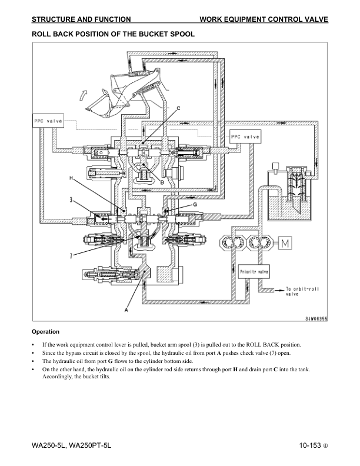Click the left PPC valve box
[48, 121]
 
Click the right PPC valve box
[245, 137]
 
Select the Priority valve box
[254, 272]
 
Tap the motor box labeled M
[285, 244]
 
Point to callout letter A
[126, 310]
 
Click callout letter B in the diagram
[162, 182]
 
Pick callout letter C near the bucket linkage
[178, 108]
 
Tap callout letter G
[195, 205]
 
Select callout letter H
[71, 178]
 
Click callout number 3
[71, 200]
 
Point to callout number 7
[71, 255]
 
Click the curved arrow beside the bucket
[84, 95]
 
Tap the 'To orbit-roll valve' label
[302, 291]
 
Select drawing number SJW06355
[316, 319]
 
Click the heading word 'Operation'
[45, 332]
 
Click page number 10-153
[310, 445]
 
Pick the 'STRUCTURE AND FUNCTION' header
[81, 19]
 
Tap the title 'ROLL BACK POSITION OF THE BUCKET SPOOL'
[113, 34]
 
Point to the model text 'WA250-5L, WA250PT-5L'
[71, 445]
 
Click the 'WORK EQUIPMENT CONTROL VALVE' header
[264, 19]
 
